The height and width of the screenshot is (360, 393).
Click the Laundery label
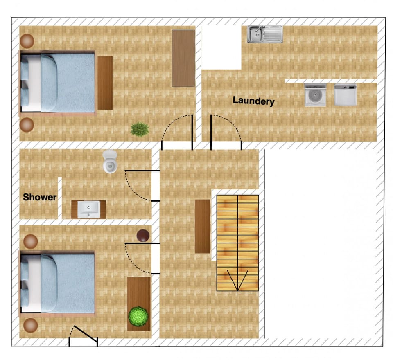tap(253, 101)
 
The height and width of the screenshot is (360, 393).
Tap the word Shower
tap(40, 197)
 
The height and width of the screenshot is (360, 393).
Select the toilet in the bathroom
tap(110, 162)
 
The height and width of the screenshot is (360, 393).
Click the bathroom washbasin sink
tap(89, 209)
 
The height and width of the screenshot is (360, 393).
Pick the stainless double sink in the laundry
tap(265, 34)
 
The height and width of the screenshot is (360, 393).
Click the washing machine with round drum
tap(315, 95)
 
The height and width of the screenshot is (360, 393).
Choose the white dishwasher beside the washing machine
tap(346, 95)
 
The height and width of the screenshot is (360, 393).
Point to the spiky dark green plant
tap(140, 129)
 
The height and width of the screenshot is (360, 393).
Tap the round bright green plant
tap(138, 316)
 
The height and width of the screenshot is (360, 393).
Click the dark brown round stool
tap(143, 236)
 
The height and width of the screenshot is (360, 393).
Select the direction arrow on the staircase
tap(237, 280)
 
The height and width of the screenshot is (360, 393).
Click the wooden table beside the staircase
tap(203, 226)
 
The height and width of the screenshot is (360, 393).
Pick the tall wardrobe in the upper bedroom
tap(183, 58)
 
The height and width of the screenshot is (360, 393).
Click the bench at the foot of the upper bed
tap(105, 83)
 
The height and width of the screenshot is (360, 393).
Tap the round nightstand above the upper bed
tap(27, 41)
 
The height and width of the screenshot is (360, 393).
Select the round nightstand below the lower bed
tap(31, 325)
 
